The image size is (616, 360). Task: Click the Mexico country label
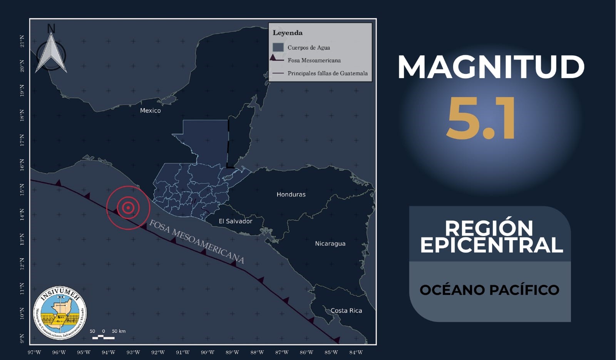point(150,111)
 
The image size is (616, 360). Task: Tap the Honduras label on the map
point(291,194)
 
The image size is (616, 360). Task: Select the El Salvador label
point(235,221)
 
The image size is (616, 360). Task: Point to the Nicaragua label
point(330,243)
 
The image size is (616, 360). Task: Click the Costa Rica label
point(346,310)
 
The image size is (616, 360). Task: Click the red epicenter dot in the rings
point(128,208)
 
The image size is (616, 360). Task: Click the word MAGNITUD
point(491,67)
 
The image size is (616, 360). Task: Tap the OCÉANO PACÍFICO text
point(489,290)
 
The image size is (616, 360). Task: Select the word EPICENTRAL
point(492,245)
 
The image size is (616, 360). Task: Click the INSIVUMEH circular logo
point(60,313)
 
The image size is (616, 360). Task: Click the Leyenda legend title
point(288,33)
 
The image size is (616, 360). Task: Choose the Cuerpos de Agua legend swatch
point(278,47)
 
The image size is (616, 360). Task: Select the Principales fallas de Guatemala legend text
point(327,73)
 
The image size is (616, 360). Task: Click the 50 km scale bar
point(104,337)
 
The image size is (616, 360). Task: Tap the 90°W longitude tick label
point(208,352)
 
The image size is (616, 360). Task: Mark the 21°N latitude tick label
point(22,41)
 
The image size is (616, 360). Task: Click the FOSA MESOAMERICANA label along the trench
point(196,241)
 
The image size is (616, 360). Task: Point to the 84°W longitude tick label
point(356,352)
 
